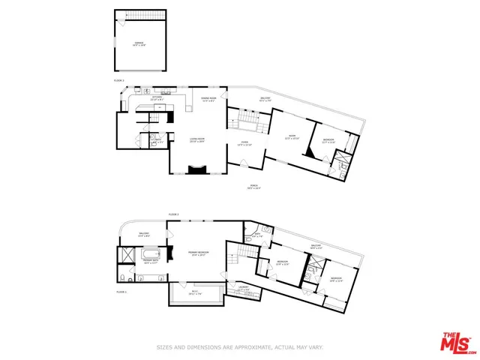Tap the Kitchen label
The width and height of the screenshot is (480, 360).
[157, 98]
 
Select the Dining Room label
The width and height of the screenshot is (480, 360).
[208, 99]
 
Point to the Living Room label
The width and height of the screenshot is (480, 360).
[196, 140]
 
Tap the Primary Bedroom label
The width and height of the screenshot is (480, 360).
[197, 254]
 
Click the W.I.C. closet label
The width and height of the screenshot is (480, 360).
[196, 293]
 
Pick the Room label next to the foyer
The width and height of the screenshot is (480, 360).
[292, 137]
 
